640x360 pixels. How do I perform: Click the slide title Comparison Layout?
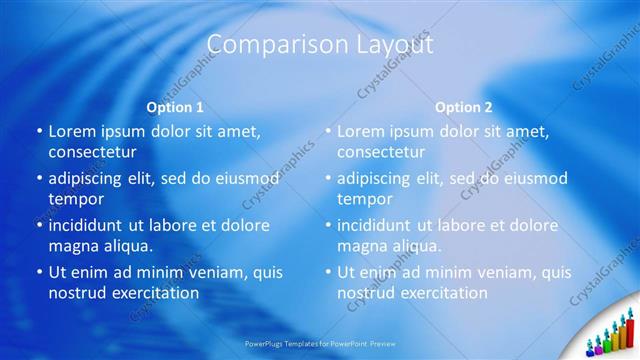point(319,45)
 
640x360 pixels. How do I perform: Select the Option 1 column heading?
point(175,107)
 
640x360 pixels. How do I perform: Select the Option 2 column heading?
point(464,107)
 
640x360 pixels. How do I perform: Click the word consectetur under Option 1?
point(92,152)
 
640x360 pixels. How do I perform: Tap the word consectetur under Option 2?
point(381,152)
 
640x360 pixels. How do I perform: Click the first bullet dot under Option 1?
point(39,131)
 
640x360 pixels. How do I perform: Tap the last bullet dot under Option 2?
point(328,272)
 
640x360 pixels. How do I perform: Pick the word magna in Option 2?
point(361,246)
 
